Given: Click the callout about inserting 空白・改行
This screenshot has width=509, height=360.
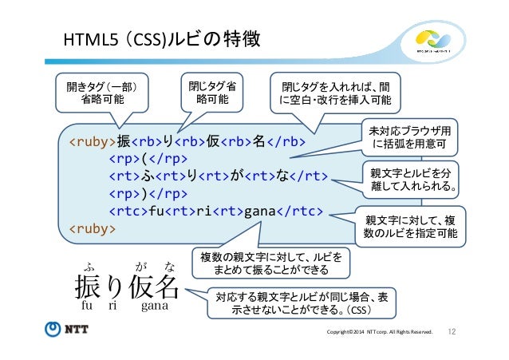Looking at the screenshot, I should pyautogui.click(x=334, y=94).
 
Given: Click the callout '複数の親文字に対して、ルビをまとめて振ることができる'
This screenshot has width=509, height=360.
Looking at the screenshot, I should pyautogui.click(x=271, y=263).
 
